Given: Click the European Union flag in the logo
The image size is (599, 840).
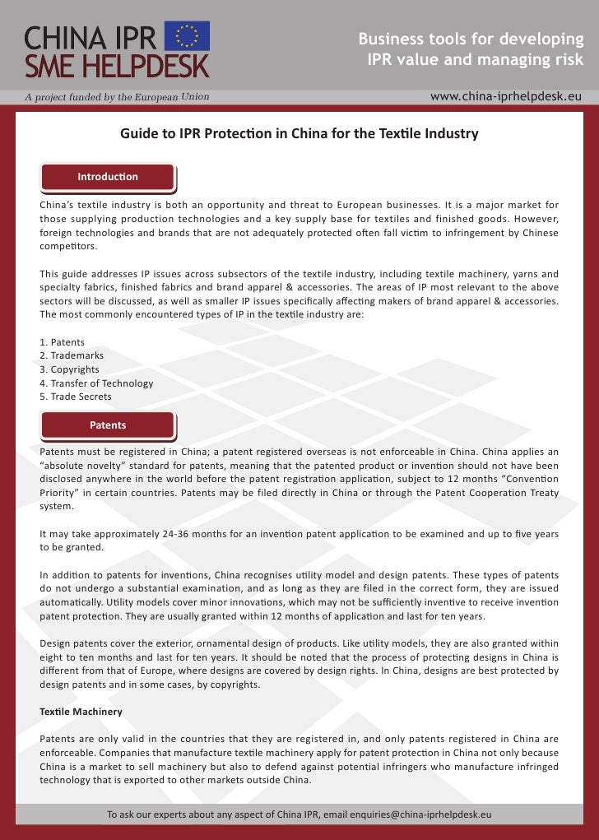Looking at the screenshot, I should (x=188, y=36).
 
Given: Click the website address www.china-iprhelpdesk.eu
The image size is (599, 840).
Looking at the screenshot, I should (x=505, y=96).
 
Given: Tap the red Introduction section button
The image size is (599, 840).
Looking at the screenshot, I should (x=108, y=177).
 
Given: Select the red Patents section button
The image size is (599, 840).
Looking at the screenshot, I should (x=108, y=425).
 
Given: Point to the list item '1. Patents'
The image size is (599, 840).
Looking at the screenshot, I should (x=62, y=341).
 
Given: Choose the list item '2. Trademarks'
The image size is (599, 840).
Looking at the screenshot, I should (x=72, y=355).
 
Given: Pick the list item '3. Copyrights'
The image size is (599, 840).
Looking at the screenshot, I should (x=69, y=369).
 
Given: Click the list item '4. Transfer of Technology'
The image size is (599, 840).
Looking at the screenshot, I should (x=96, y=383).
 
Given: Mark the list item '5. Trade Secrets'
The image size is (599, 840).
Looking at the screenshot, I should (x=75, y=397).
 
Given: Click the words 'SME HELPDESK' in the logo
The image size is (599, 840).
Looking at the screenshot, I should (x=116, y=65).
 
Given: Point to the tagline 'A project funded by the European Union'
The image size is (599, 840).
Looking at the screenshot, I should (x=116, y=97).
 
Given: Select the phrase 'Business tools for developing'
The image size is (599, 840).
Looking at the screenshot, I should (x=471, y=39).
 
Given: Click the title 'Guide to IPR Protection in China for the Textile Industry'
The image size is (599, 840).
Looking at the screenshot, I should (x=299, y=133).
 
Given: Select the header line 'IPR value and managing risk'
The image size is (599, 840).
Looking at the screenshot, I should (x=475, y=60).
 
